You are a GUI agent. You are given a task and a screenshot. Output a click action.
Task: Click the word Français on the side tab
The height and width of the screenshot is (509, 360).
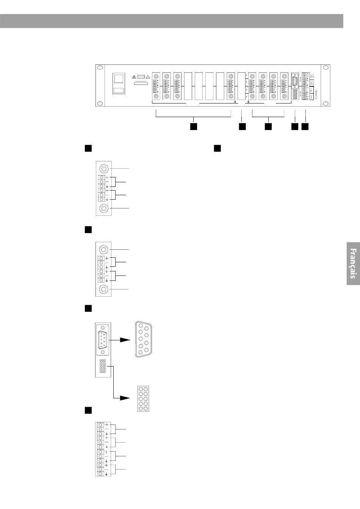(x=353, y=263)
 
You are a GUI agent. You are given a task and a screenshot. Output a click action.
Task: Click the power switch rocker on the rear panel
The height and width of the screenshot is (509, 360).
(x=119, y=79)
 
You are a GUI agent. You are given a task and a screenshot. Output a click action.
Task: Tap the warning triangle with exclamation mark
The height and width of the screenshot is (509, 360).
(x=134, y=76)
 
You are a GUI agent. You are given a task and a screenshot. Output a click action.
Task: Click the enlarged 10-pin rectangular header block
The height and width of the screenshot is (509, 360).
(x=143, y=399)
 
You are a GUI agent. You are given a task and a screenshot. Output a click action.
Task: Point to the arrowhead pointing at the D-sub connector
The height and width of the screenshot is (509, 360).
(x=125, y=340)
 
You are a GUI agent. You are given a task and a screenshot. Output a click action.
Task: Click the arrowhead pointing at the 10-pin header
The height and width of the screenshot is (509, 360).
(x=125, y=398)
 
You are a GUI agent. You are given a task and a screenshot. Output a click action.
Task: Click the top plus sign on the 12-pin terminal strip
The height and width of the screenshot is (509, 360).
(x=107, y=424)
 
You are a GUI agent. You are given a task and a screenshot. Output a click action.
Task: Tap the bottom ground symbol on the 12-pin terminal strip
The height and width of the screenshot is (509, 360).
(x=107, y=474)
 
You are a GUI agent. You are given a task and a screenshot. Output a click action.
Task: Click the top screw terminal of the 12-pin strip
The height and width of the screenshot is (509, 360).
(x=100, y=425)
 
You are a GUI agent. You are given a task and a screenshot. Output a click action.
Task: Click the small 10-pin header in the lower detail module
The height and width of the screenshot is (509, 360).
(x=103, y=366)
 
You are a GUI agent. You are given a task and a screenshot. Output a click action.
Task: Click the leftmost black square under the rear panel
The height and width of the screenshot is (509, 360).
(x=194, y=127)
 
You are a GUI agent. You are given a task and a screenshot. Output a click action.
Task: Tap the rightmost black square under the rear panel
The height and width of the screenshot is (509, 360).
(x=305, y=127)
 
